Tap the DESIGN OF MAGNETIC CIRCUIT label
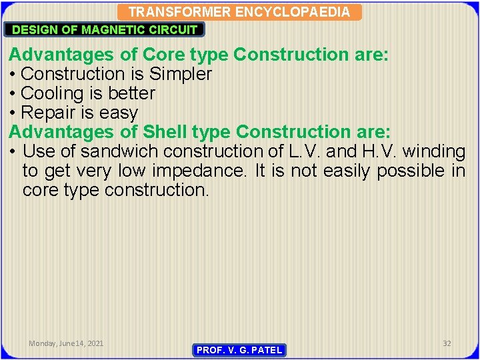pos(105,29)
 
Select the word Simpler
pos(179,74)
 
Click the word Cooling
pos(55,93)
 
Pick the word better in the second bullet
pos(128,93)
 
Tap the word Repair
pos(51,113)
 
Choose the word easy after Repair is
pos(119,113)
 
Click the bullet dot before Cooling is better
pos(13,93)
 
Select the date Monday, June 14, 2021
pos(66,343)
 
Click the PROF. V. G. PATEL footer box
pos(239,350)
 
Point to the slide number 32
pos(447,343)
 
